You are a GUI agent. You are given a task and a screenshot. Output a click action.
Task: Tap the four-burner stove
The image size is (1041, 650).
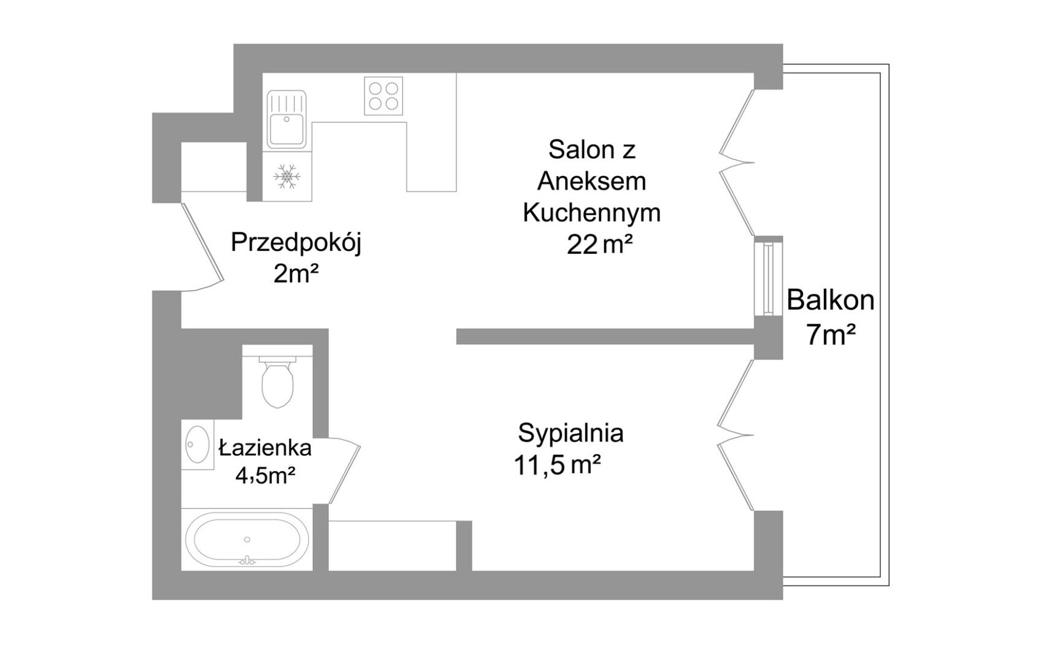coord(383,95)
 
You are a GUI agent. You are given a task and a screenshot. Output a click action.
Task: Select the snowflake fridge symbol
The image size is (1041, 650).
coord(286,175)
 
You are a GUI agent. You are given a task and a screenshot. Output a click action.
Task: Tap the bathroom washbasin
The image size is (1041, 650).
coord(197,444)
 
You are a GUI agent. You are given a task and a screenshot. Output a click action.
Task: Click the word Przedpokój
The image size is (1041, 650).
coord(296,243)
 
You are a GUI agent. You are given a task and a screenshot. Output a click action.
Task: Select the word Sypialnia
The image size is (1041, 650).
coord(570,433)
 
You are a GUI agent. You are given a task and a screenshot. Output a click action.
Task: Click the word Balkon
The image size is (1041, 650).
coord(830,300)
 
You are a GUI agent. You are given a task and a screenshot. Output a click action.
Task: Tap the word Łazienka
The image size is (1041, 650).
coord(265,448)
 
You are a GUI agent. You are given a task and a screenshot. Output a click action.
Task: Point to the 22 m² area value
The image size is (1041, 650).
coord(599,245)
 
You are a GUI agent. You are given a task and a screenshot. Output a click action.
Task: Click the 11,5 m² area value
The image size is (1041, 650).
coord(556,465)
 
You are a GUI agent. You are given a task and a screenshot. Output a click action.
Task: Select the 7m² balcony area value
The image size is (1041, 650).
coord(831,335)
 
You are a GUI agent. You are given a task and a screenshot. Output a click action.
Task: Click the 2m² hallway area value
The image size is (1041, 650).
coord(296,274)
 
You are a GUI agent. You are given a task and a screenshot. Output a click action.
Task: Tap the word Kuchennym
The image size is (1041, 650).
coord(591,213)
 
